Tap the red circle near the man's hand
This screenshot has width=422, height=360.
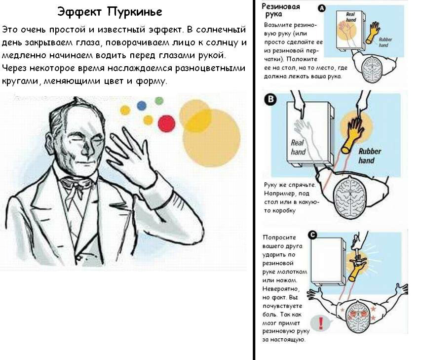click(x=166, y=123)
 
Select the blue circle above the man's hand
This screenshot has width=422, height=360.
click(x=142, y=105)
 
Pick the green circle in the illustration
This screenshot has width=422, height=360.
click(x=159, y=100)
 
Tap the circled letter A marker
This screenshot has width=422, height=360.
click(x=322, y=8)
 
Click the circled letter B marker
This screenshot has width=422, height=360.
click(x=270, y=100)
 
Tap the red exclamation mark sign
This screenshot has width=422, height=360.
click(x=321, y=323)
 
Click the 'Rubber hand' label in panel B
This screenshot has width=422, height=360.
click(x=366, y=156)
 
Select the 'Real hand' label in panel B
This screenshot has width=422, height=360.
click(x=298, y=147)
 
